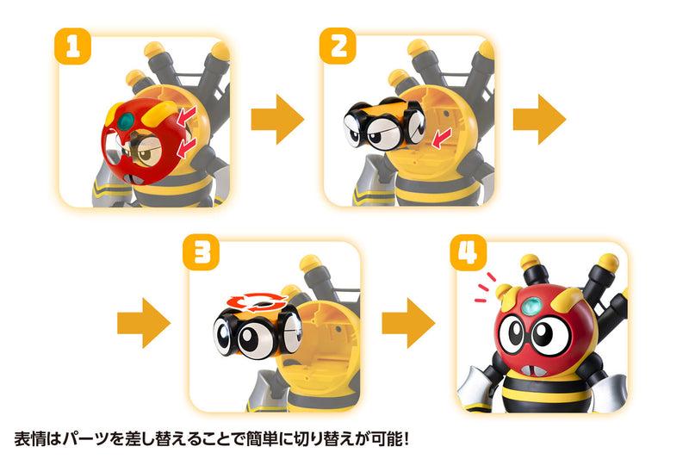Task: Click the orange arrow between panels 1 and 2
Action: (x=277, y=120)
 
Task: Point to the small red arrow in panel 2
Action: (x=440, y=136)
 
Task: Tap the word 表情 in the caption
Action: (x=29, y=438)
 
